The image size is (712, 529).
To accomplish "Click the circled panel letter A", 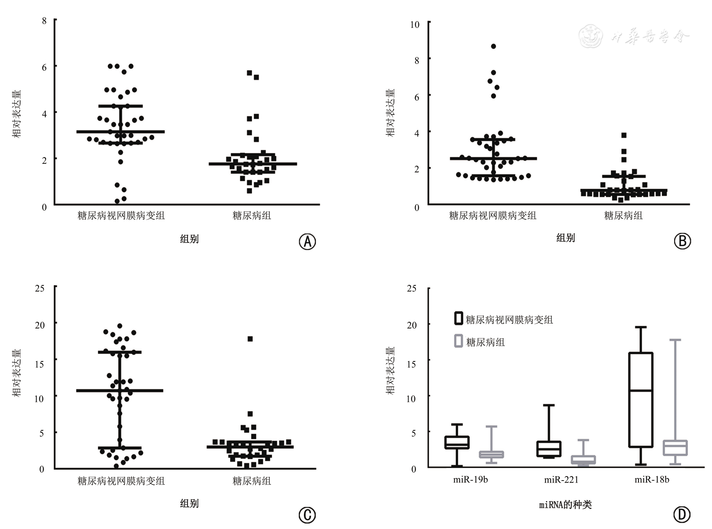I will pos(307,242).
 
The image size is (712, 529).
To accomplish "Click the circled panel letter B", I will pos(682,241).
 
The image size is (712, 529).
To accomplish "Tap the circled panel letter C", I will pos(307,515).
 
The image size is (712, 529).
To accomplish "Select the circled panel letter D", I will pos(682,515).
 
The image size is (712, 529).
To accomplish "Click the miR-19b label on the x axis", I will pos(470,480).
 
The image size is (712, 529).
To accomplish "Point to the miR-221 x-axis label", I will pos(561,480).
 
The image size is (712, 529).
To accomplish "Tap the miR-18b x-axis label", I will pos(652,480).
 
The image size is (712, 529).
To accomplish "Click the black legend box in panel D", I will pos(459,318).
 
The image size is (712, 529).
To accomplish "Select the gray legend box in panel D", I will pos(459,341).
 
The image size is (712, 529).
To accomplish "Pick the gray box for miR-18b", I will pos(675,448).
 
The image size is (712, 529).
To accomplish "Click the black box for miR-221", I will pos(549,449).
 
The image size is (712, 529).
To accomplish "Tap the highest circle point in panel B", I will pos(494,46).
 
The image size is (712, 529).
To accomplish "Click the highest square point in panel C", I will pos(250,339).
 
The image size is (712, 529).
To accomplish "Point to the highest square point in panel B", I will pos(624,135).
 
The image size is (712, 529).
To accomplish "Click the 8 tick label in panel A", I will pos(44,21).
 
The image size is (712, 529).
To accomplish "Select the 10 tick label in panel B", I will pos(414,25).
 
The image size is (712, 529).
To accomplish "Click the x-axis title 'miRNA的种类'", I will pos(565,505).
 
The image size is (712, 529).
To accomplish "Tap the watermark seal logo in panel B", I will pos(590,36).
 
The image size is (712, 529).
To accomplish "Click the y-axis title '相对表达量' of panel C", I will pos(17,373).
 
